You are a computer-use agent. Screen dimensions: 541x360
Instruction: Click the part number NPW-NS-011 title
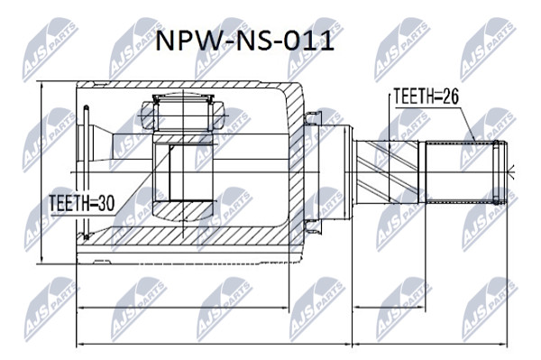245,42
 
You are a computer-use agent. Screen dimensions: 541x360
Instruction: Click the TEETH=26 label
426,96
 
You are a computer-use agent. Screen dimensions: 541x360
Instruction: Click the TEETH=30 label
82,203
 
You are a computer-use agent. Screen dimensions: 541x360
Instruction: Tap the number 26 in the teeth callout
451,96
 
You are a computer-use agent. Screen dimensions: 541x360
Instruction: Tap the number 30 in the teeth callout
105,203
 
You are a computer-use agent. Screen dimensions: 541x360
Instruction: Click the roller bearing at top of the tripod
183,113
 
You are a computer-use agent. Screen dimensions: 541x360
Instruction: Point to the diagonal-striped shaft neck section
387,172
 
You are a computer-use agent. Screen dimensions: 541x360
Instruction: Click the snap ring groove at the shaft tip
496,172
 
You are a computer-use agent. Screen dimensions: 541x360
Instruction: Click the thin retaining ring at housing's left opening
87,172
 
